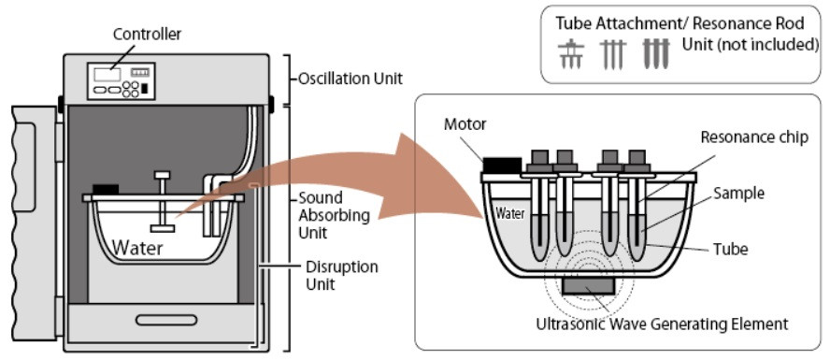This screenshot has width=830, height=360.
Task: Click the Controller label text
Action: [x=147, y=35]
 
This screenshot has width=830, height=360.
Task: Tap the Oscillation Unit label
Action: [x=351, y=79]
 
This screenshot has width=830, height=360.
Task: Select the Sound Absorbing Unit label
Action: [x=327, y=215]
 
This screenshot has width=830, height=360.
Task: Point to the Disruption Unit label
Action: [x=342, y=275]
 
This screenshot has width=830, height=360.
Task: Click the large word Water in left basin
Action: [x=138, y=247]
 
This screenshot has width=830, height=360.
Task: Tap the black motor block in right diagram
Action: [x=501, y=165]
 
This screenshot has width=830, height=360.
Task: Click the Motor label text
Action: [x=465, y=124]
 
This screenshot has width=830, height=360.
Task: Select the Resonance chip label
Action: [x=755, y=137]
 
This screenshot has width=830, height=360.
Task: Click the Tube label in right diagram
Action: [x=731, y=249]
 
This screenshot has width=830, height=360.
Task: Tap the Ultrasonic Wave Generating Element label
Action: [x=662, y=324]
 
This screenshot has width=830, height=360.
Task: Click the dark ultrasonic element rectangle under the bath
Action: [x=589, y=286]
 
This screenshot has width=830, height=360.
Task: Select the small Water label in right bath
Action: [x=510, y=214]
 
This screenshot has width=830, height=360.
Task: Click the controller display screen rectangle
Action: [x=107, y=75]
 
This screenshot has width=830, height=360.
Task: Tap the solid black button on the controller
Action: [x=145, y=90]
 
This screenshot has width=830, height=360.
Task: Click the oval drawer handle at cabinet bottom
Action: [x=166, y=321]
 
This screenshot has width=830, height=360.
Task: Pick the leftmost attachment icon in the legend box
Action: [x=571, y=55]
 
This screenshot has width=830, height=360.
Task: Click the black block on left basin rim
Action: [x=106, y=189]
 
